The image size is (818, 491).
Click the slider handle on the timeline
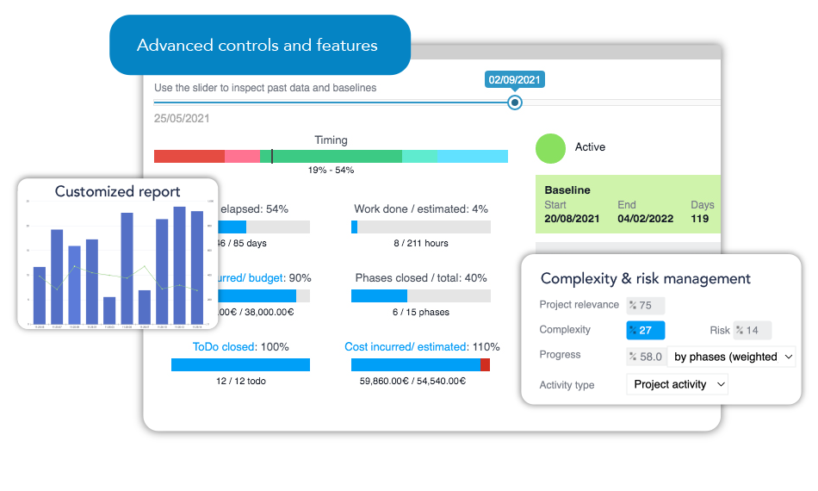515,103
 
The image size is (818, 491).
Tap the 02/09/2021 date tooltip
515,80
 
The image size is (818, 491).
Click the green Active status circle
550,148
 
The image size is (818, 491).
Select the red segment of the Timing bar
189,156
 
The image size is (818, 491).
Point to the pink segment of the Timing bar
242,156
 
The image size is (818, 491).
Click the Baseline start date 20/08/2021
572,219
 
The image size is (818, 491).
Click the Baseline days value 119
700,219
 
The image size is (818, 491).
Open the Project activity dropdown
677,384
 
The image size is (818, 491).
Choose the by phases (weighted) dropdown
732,357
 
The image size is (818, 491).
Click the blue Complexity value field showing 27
645,330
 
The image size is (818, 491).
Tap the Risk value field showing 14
752,330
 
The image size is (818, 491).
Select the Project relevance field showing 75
645,305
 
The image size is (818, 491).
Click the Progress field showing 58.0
645,357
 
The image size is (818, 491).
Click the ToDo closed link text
224,346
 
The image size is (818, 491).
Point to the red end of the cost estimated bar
485,365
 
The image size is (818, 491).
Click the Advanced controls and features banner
257,46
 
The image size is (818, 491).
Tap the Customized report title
118,191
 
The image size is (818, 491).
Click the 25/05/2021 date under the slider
182,119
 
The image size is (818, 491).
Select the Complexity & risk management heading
646,278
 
